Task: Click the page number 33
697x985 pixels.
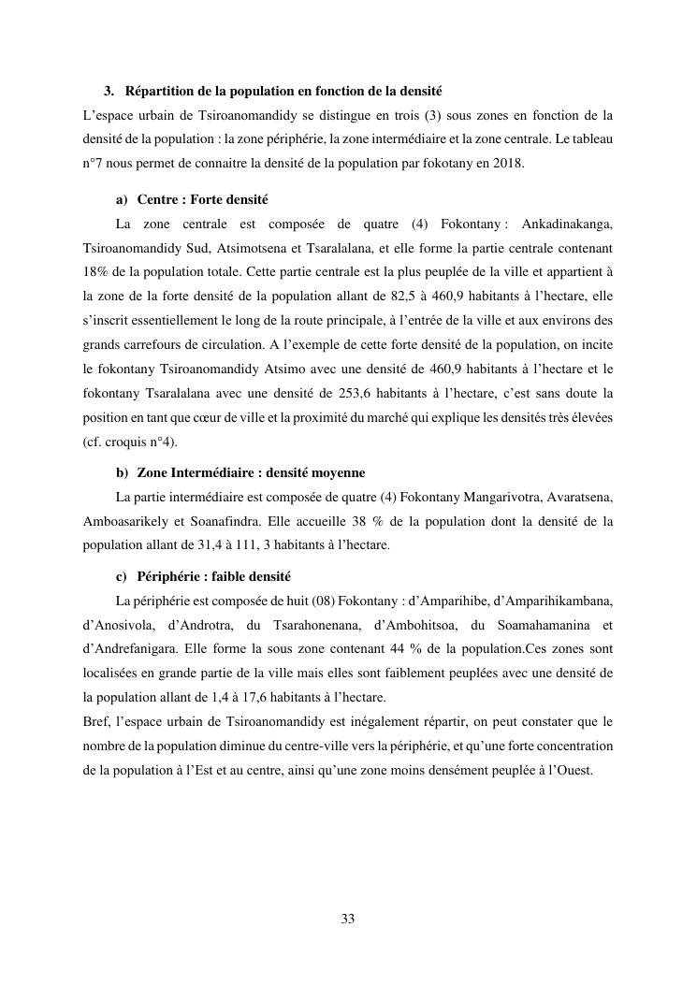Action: tap(348, 919)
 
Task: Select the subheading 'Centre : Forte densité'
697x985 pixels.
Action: tap(203, 200)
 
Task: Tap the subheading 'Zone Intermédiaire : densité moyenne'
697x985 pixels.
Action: tap(251, 472)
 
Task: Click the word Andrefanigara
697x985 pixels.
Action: tap(128, 649)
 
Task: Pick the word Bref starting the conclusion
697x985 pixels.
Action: tap(96, 722)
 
